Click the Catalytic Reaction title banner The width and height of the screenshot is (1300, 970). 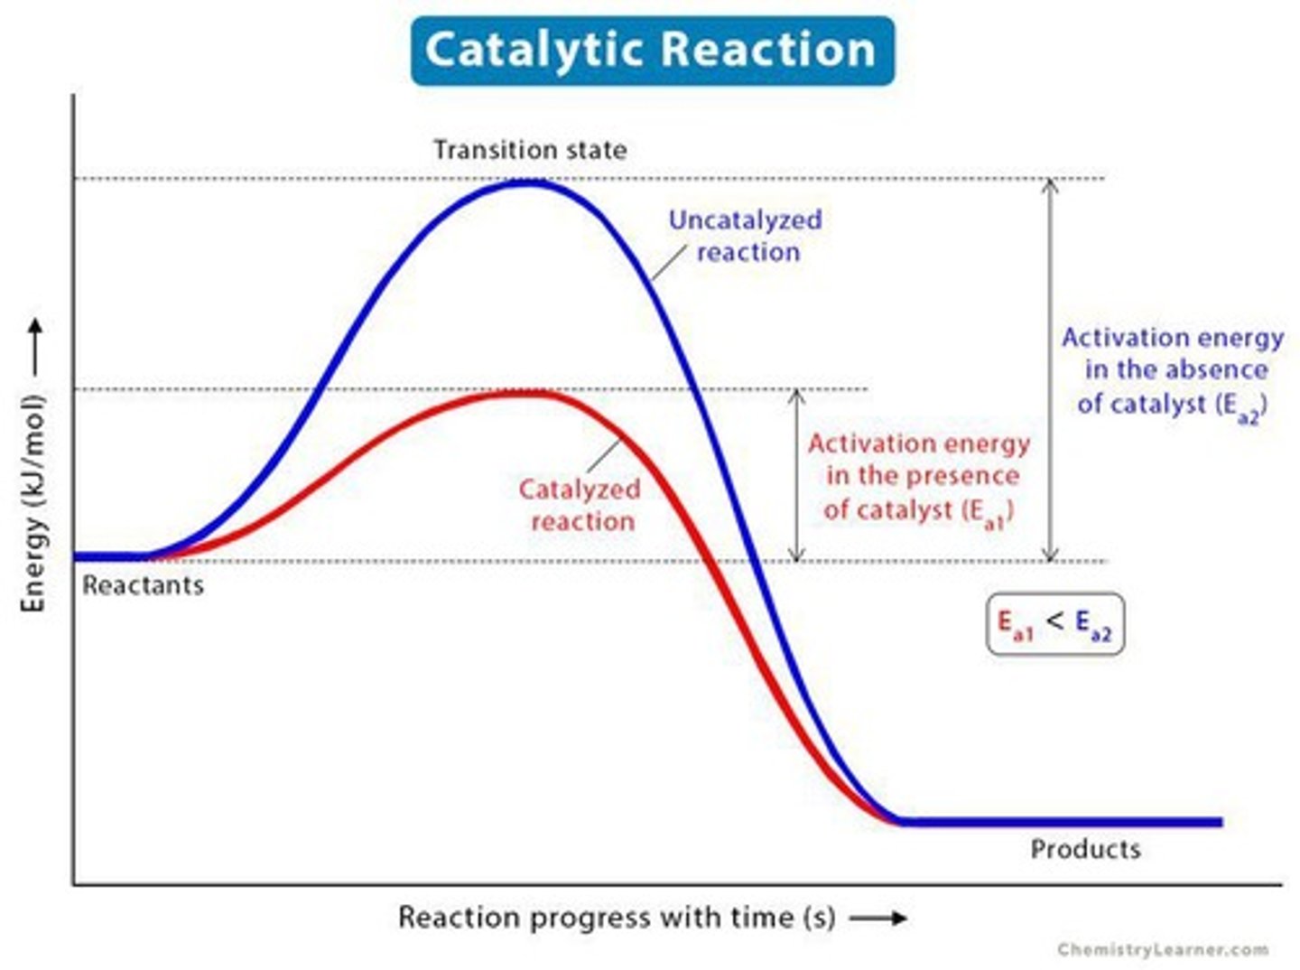[x=652, y=51]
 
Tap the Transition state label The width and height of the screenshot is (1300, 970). [x=530, y=150]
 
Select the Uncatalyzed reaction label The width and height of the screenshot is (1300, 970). [x=746, y=236]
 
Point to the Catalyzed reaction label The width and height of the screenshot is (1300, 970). [x=580, y=505]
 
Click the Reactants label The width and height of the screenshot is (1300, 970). [x=143, y=585]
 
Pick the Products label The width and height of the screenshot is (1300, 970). [x=1085, y=849]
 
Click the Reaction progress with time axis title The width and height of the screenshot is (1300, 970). [x=617, y=918]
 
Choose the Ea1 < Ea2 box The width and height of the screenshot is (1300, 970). [x=1054, y=623]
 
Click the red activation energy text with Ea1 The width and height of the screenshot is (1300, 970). [x=919, y=478]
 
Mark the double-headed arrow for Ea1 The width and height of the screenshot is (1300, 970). [x=796, y=475]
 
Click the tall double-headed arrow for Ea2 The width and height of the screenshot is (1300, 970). [x=1049, y=370]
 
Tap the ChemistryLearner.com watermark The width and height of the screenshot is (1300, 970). [x=1163, y=949]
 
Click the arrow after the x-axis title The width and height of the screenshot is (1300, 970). [x=878, y=919]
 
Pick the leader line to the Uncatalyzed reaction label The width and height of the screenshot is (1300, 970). [x=670, y=263]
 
